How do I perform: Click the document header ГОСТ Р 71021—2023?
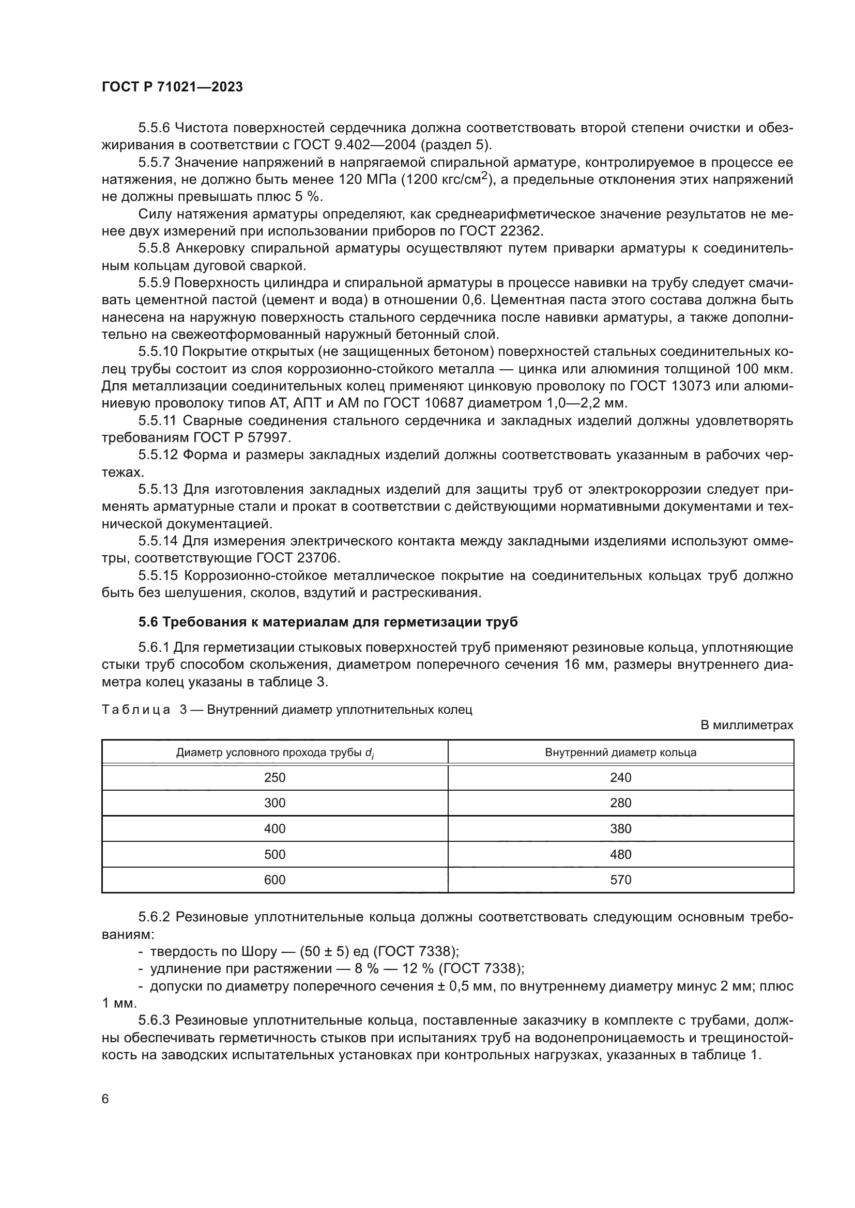(172, 87)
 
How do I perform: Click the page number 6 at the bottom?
(105, 1099)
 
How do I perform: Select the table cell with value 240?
(620, 778)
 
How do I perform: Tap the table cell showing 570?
(620, 880)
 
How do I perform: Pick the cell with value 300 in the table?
(274, 803)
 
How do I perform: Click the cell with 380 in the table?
(620, 828)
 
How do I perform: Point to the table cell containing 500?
(274, 854)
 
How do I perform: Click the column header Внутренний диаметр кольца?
(620, 752)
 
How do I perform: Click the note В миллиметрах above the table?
(746, 725)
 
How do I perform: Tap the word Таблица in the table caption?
(136, 710)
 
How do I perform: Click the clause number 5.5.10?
(159, 352)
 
